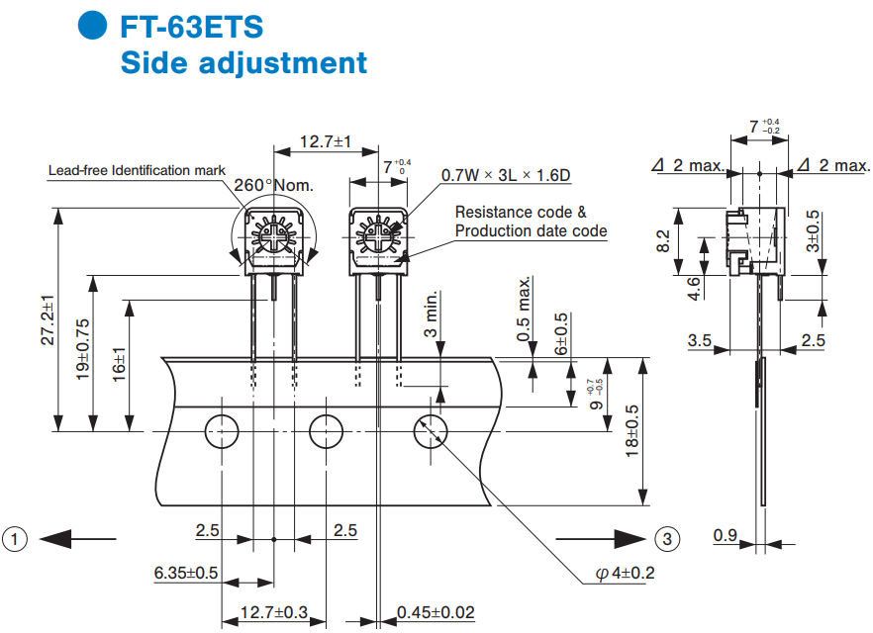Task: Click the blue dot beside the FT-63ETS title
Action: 92,25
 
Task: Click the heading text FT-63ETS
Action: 192,27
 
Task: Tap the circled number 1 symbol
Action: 15,539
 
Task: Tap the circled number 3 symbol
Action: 667,539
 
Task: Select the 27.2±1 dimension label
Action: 48,319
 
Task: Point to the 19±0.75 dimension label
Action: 83,349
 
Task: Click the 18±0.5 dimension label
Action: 631,431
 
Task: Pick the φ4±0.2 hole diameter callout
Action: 625,573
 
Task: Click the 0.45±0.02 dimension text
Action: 436,612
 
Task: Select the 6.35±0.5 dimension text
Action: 186,573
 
